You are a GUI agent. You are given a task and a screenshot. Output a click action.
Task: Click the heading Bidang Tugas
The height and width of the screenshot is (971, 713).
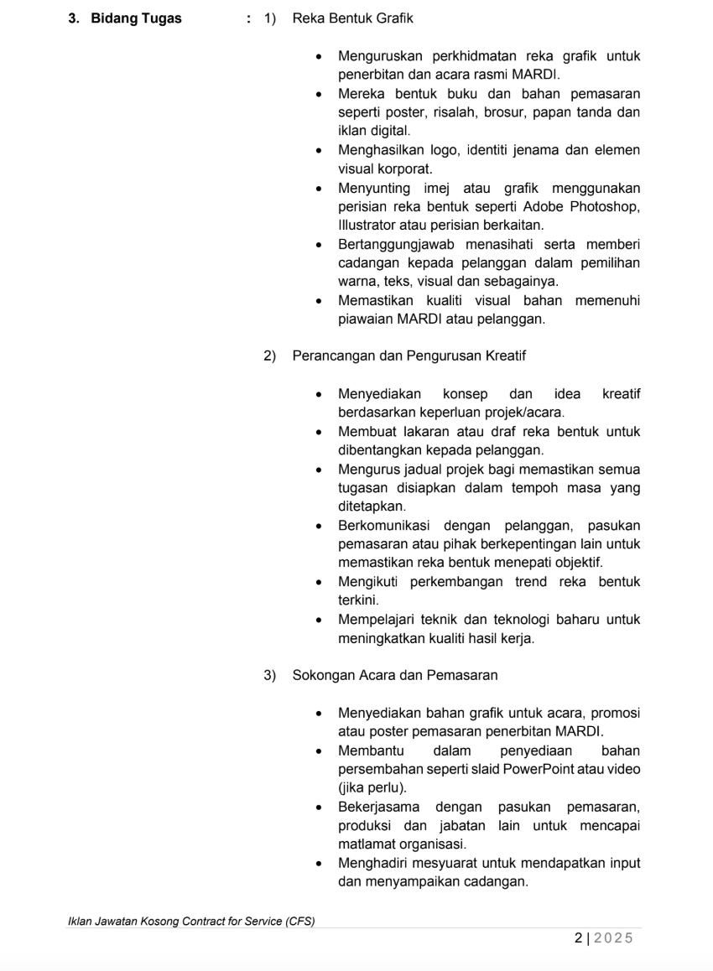tap(136, 18)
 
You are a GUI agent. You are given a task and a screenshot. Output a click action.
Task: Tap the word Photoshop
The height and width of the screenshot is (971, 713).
tap(608, 207)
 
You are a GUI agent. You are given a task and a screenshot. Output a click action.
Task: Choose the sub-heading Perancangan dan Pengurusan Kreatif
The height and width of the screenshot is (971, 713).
tap(409, 356)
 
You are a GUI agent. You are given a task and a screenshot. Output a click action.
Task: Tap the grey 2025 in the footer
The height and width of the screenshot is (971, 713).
tap(614, 938)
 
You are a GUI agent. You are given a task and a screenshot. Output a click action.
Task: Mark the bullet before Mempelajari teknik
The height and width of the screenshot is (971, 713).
tap(319, 621)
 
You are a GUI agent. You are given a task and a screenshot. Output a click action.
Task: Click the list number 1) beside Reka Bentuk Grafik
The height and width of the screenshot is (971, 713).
tap(270, 18)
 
